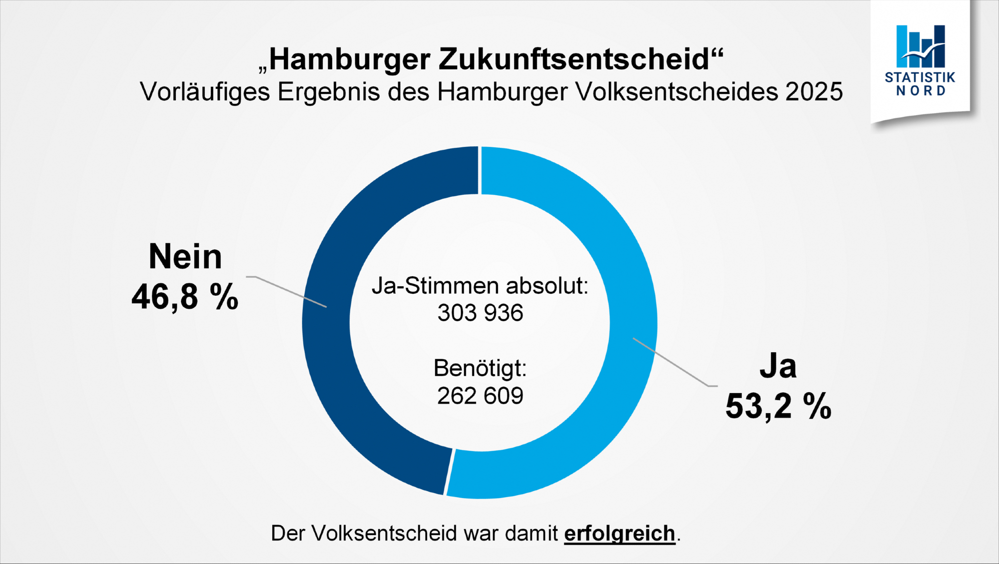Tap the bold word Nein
point(185,257)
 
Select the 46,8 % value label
point(185,297)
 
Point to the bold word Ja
point(778,366)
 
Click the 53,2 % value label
point(778,406)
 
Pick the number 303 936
point(480,313)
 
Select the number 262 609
point(480,396)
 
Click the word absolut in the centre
point(547,286)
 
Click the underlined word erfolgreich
point(619,534)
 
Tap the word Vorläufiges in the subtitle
point(205,92)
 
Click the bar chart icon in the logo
point(920,46)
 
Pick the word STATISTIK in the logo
point(920,77)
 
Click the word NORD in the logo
point(920,91)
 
